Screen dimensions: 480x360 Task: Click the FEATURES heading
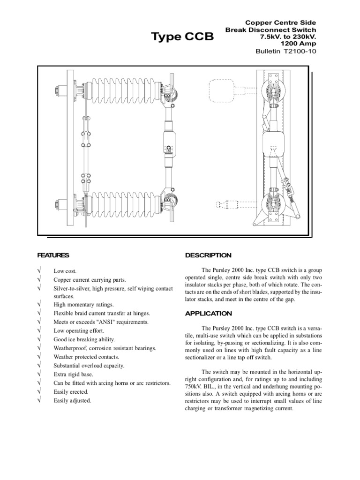click(53, 255)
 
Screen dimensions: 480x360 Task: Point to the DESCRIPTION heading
click(208, 255)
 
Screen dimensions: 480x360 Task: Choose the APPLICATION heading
click(209, 313)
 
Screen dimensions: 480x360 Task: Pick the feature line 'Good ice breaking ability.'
click(84, 340)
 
